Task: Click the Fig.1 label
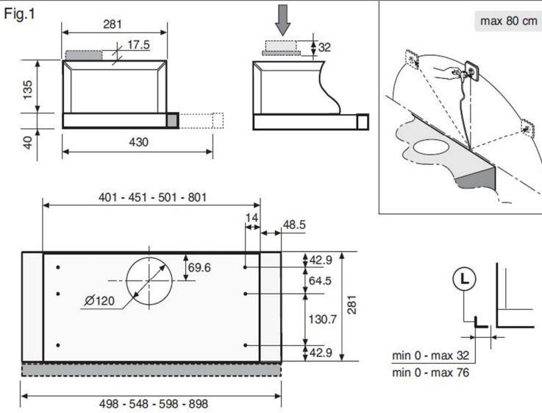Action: click(19, 14)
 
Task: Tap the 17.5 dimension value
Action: click(138, 45)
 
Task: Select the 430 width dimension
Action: click(138, 142)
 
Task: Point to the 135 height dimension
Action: click(27, 90)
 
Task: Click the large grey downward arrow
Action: click(282, 20)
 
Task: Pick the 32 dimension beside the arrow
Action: click(324, 47)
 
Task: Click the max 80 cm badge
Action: click(508, 21)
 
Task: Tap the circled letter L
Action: click(464, 279)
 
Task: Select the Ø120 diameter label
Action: click(99, 300)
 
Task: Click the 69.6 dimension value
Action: click(199, 267)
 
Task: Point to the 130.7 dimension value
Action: click(322, 319)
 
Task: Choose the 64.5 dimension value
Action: click(320, 280)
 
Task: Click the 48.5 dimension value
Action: click(294, 225)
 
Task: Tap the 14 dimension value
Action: click(252, 218)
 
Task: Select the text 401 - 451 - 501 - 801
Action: click(152, 197)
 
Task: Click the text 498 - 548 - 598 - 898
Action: click(154, 403)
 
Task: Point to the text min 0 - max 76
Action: click(430, 373)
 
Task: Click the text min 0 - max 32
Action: click(430, 356)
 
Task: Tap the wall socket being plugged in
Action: click(472, 71)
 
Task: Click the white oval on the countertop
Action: click(431, 147)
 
